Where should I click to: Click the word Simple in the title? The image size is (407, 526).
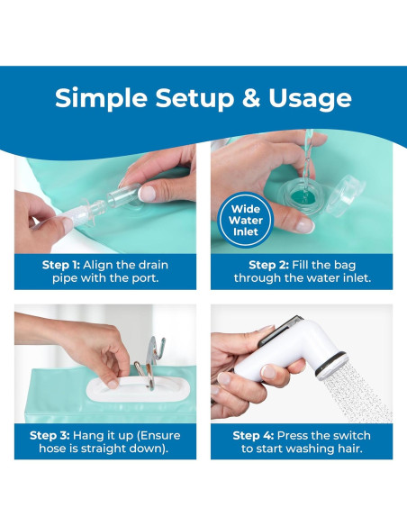(101, 98)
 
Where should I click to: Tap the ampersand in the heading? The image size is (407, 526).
(251, 97)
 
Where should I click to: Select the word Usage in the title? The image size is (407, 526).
(310, 98)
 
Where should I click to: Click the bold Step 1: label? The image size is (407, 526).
(61, 265)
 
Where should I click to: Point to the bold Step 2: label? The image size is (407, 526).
(268, 265)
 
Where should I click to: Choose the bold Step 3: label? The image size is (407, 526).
(50, 435)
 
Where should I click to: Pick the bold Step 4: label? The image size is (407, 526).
(253, 435)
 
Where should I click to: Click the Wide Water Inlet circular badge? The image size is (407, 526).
(246, 220)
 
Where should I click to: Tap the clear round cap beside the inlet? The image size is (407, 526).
(345, 195)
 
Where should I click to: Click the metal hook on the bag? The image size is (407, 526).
(151, 362)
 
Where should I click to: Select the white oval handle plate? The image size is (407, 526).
(138, 389)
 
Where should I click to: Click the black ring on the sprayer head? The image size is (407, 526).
(330, 364)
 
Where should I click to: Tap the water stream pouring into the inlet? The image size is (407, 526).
(307, 163)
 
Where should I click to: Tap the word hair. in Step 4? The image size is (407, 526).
(349, 449)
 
